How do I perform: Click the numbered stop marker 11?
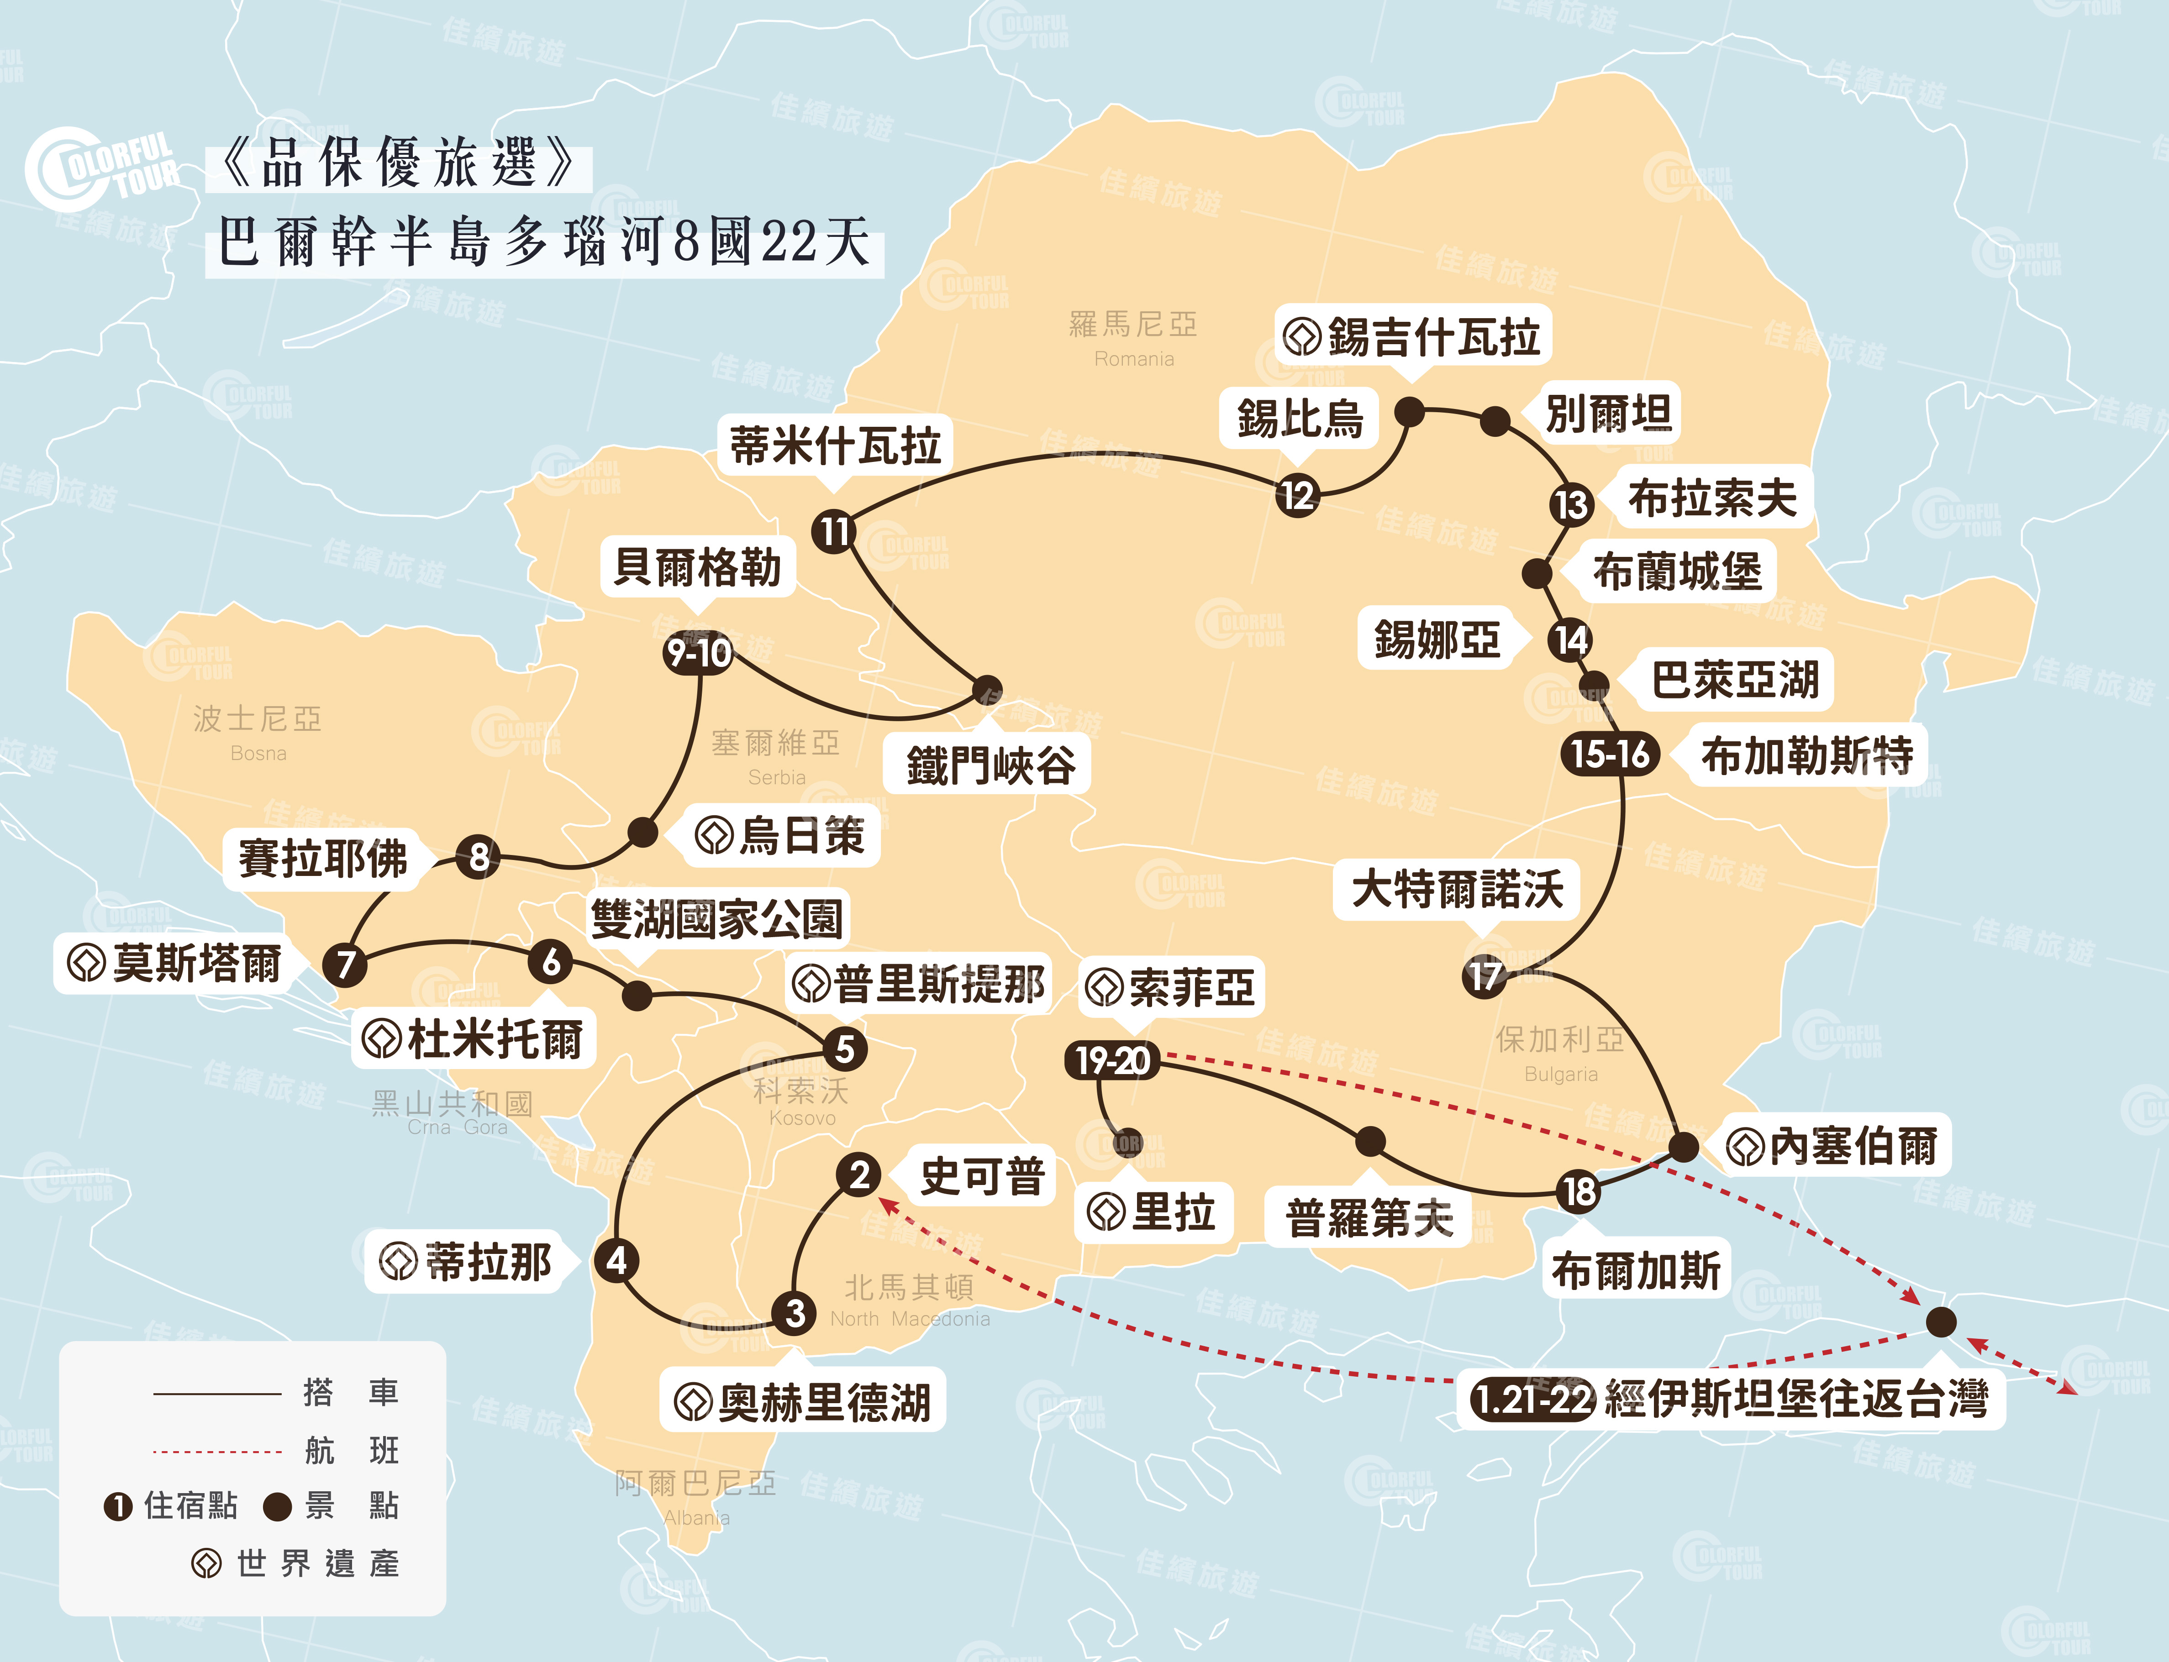pos(834,531)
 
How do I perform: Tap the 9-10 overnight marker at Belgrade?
pos(699,653)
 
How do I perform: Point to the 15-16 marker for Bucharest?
pos(1610,754)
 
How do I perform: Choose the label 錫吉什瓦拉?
pos(1433,336)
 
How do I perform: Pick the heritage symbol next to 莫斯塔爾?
pos(86,963)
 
